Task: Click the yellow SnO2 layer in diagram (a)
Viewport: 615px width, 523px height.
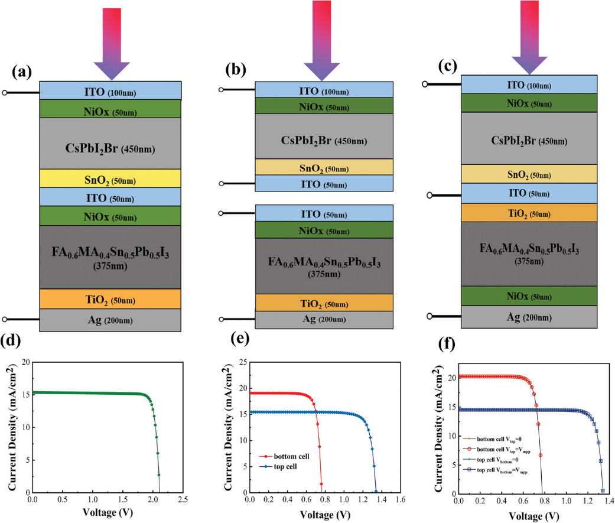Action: point(110,178)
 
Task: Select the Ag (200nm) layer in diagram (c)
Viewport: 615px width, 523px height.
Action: point(529,317)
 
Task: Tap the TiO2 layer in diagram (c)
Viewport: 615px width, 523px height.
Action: point(529,213)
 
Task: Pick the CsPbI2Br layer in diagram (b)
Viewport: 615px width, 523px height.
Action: point(324,136)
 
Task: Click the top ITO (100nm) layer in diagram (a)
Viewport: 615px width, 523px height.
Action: point(110,90)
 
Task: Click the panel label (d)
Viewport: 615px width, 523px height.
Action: point(11,340)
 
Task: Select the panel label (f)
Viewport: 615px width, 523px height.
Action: point(447,345)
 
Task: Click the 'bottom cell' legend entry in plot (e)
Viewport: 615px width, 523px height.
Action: point(284,456)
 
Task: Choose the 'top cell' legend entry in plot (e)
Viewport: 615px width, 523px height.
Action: point(278,466)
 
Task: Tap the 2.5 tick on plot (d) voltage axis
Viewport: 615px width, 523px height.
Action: point(183,499)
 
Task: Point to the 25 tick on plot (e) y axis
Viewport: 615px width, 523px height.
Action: point(243,362)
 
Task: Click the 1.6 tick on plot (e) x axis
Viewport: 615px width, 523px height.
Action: point(400,499)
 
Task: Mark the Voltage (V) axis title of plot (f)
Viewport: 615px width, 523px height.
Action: point(534,515)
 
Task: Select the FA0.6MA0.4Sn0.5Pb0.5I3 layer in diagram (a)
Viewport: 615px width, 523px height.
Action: point(110,257)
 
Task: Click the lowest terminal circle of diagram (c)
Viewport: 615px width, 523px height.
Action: point(429,316)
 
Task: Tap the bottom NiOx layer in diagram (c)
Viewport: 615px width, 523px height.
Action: point(529,296)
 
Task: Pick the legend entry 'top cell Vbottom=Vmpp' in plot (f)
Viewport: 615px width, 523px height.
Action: point(496,470)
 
